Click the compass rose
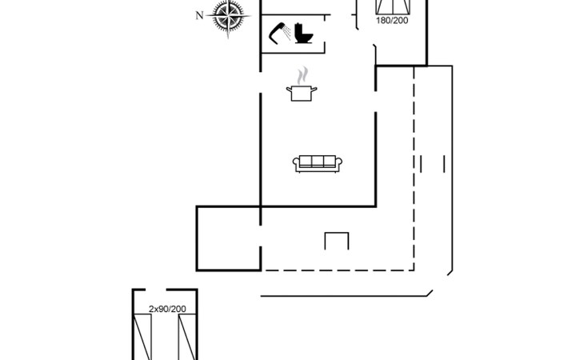tap(230, 19)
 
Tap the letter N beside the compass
tap(200, 14)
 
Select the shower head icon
tap(280, 34)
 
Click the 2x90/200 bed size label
tap(167, 308)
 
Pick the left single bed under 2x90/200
tap(143, 337)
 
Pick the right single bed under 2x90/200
tap(187, 337)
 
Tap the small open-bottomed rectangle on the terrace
tap(337, 241)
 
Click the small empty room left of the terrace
tap(228, 238)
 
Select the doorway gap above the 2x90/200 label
tap(165, 290)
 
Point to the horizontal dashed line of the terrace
tap(336, 270)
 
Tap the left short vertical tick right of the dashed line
tap(421, 164)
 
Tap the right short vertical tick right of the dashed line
tap(444, 164)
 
